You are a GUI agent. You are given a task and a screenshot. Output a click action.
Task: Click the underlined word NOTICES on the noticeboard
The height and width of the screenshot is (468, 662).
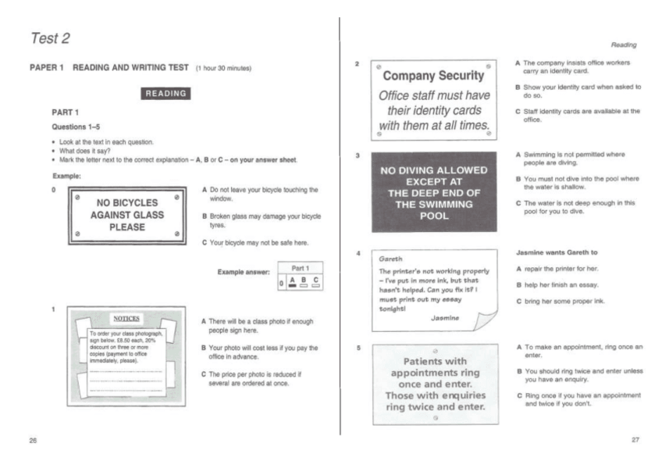[126, 319]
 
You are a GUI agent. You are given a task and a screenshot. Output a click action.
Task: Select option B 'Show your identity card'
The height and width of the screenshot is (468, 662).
[578, 91]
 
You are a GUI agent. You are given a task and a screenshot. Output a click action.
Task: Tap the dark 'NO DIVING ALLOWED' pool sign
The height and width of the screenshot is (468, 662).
[434, 192]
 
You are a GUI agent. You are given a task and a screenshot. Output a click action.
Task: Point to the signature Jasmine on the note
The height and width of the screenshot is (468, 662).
[446, 317]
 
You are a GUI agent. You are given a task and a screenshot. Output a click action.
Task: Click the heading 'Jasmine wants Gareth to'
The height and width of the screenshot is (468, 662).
[557, 254]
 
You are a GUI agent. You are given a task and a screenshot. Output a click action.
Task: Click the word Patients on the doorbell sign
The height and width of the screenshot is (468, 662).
[433, 362]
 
